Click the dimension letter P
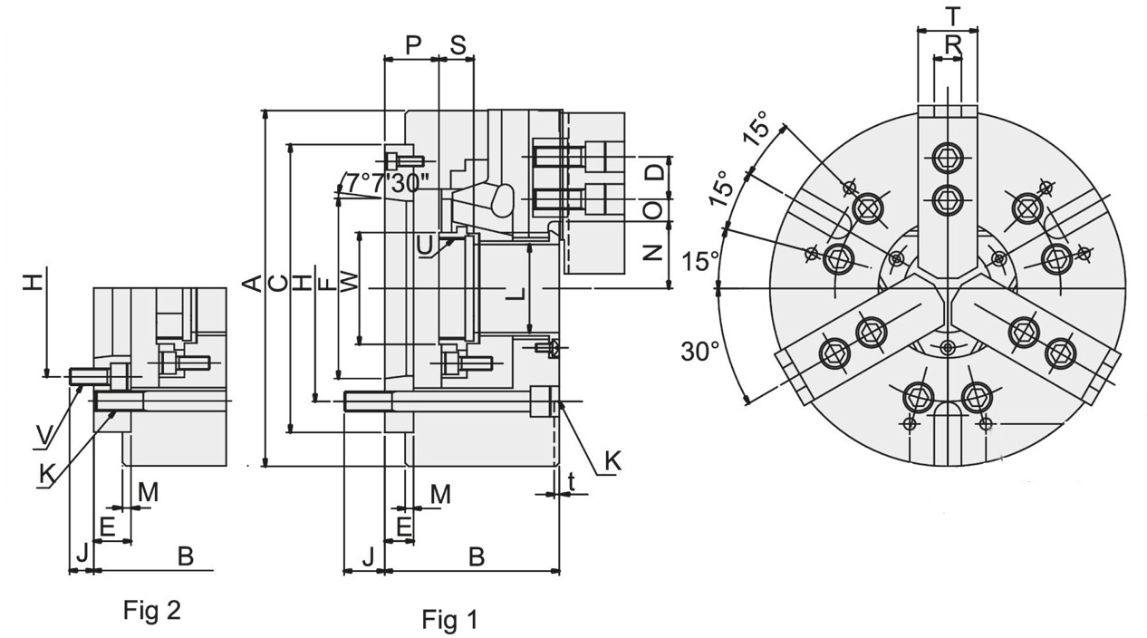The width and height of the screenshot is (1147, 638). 413,45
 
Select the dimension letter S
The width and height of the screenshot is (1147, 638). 458,45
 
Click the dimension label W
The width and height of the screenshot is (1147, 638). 349,285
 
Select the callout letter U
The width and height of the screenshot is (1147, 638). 426,245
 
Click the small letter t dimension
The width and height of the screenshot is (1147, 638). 572,483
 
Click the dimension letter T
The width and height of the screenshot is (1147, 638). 951,15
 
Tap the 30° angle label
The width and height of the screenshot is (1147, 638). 699,351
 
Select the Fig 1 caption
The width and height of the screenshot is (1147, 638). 449,620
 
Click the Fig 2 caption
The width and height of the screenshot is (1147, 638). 151,610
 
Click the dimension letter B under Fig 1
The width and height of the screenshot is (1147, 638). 477,556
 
